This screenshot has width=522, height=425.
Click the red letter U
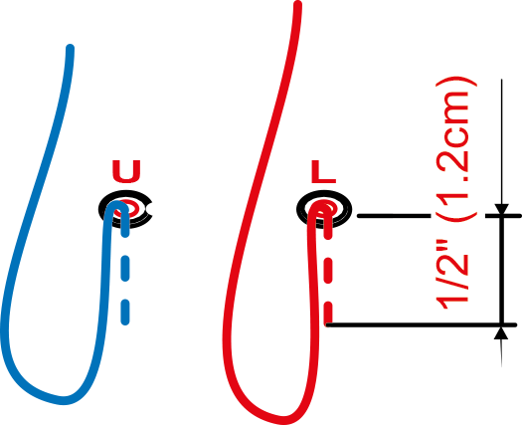[x=126, y=171]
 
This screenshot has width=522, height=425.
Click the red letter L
[x=323, y=171]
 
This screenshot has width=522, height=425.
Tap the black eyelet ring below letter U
[x=125, y=209]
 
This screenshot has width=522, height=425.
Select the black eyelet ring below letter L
[x=323, y=209]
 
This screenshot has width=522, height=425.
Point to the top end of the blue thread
[x=70, y=49]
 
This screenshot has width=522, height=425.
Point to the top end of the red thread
[x=298, y=5]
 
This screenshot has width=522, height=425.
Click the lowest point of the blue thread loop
[x=64, y=401]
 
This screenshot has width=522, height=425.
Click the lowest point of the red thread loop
[x=283, y=421]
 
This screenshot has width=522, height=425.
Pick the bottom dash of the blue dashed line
[x=125, y=313]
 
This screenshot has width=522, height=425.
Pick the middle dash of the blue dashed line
[x=125, y=268]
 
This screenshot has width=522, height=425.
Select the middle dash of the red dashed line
[x=328, y=271]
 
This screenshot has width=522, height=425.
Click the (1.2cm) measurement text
[x=455, y=148]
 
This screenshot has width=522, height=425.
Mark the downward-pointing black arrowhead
[x=501, y=209]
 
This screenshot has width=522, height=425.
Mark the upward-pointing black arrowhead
[x=501, y=333]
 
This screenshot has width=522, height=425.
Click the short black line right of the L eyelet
[x=394, y=216]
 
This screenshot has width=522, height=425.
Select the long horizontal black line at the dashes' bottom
[x=422, y=324]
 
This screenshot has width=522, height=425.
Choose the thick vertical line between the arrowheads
[x=501, y=271]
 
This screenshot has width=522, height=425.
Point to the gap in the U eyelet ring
[x=149, y=209]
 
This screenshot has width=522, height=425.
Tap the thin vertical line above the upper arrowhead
[x=501, y=141]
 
